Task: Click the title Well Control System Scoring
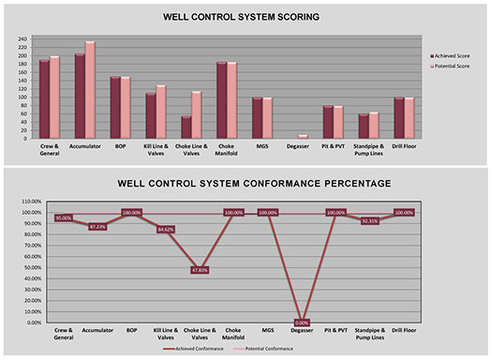click(246, 17)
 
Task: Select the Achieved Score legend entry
click(456, 55)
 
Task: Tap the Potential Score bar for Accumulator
click(90, 89)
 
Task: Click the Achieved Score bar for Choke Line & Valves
click(187, 127)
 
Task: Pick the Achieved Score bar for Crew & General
click(43, 98)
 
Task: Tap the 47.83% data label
click(201, 270)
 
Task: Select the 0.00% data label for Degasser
click(302, 322)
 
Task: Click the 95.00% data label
click(64, 217)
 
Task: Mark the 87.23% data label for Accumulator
click(97, 226)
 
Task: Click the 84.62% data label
click(166, 229)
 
